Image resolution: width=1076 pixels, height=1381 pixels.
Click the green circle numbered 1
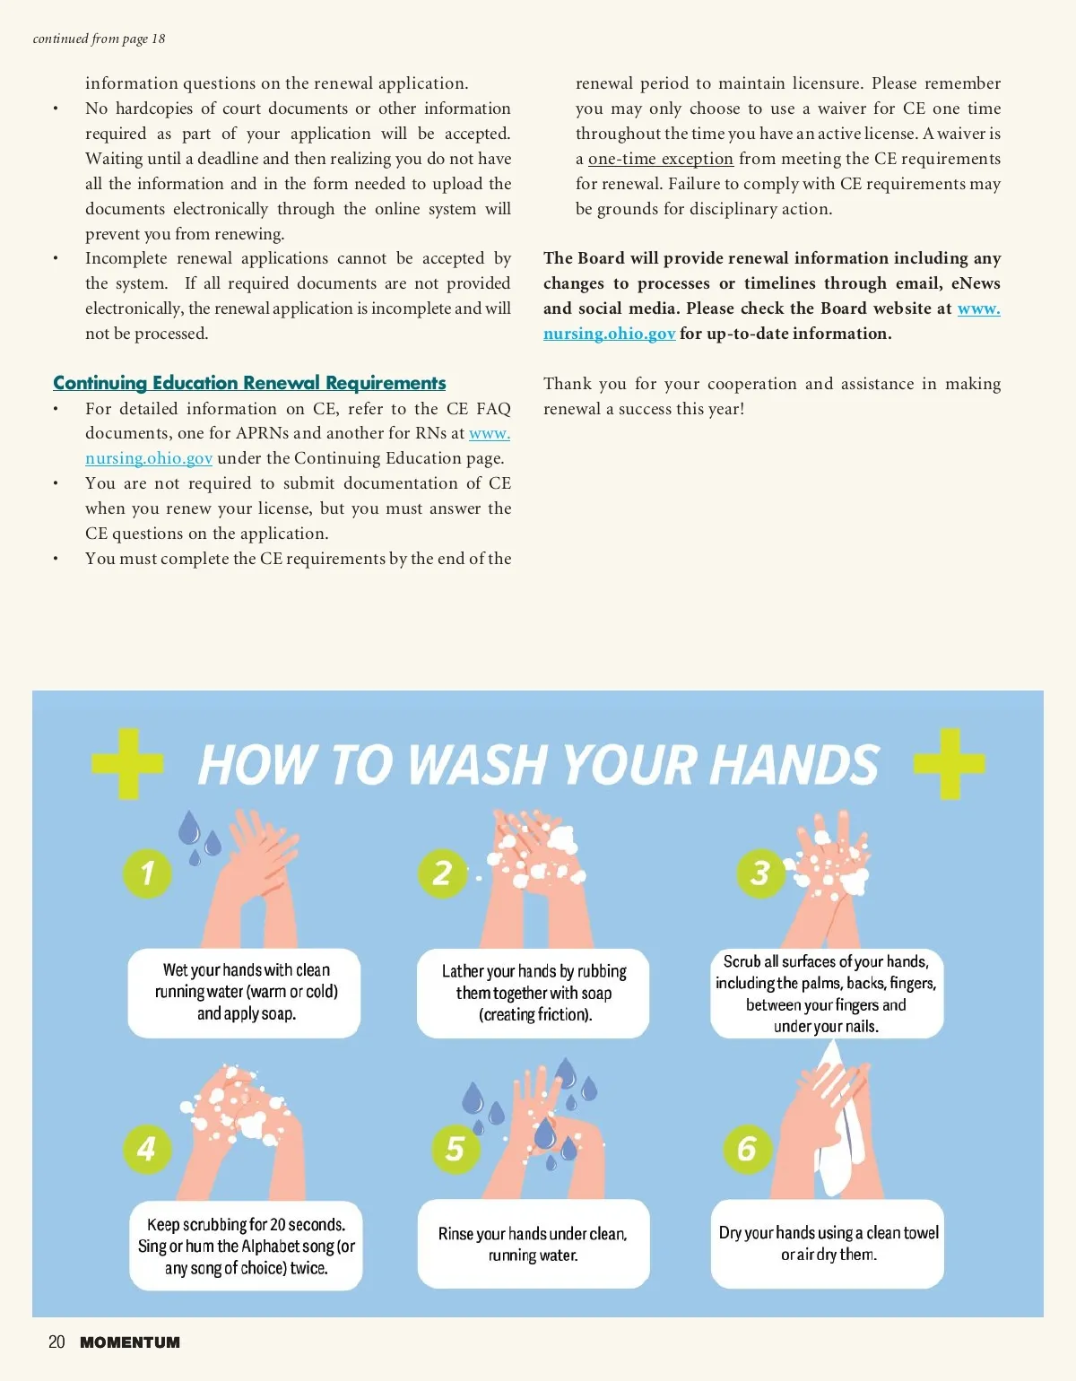click(x=147, y=873)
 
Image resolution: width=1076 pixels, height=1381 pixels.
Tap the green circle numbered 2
click(x=442, y=873)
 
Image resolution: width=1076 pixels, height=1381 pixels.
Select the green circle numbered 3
click(x=761, y=873)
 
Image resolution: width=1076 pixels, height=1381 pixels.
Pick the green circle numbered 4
click(x=147, y=1149)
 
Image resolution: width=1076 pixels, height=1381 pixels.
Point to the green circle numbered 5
click(x=456, y=1149)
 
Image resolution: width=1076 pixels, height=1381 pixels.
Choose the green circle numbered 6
click(x=748, y=1149)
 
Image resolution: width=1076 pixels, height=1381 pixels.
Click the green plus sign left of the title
click(x=127, y=763)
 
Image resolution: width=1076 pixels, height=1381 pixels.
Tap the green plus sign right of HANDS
click(x=950, y=763)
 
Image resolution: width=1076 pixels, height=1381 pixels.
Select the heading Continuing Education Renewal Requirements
click(x=249, y=383)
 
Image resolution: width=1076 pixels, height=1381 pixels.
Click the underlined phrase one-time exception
click(x=661, y=158)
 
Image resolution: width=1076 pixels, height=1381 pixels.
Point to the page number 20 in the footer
click(x=56, y=1342)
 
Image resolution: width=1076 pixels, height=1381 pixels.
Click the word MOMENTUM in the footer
click(x=130, y=1342)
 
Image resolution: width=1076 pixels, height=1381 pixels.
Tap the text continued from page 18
click(x=100, y=39)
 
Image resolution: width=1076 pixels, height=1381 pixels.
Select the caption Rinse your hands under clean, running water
click(x=533, y=1245)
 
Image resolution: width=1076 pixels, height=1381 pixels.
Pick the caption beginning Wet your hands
click(x=246, y=992)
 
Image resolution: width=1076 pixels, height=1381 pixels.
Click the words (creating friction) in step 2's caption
click(x=535, y=1014)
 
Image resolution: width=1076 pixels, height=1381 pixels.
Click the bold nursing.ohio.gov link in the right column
click(x=609, y=334)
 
